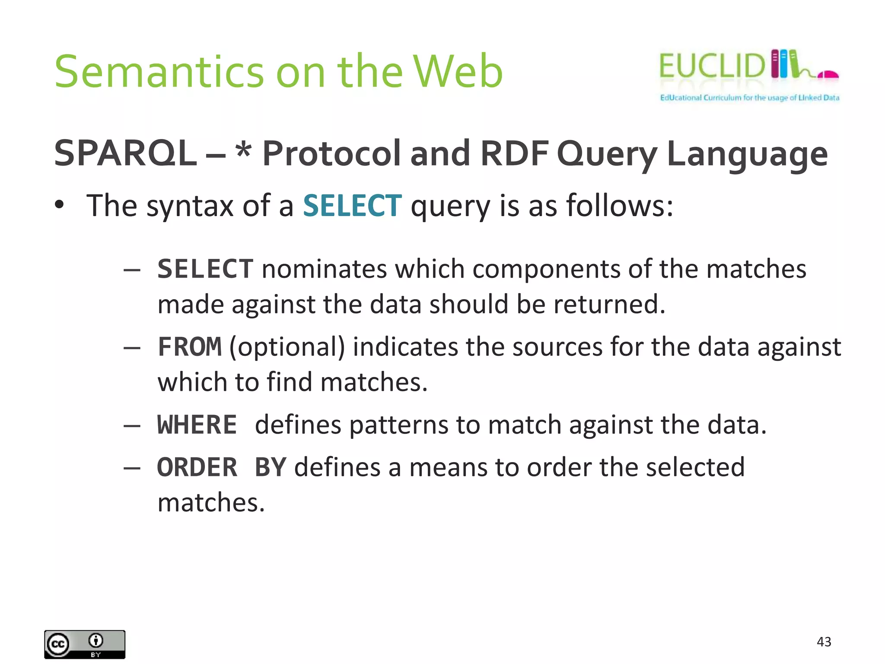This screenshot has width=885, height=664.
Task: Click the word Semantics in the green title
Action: pyautogui.click(x=159, y=72)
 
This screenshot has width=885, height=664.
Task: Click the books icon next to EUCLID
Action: pyautogui.click(x=784, y=64)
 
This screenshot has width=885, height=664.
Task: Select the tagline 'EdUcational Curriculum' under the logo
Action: pyautogui.click(x=749, y=98)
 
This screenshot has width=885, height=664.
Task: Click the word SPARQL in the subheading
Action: pyautogui.click(x=125, y=153)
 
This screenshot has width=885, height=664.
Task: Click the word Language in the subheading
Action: pyautogui.click(x=747, y=154)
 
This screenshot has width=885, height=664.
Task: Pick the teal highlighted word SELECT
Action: pyautogui.click(x=352, y=206)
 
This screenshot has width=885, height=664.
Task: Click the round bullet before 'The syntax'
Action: pyautogui.click(x=60, y=205)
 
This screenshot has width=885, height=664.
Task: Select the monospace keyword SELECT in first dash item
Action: pyautogui.click(x=205, y=269)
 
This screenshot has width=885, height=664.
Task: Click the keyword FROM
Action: pyautogui.click(x=190, y=347)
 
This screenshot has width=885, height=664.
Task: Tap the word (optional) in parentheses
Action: pyautogui.click(x=287, y=347)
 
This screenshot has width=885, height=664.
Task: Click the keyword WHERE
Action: pyautogui.click(x=197, y=425)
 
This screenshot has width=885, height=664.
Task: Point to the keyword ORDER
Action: pyautogui.click(x=197, y=468)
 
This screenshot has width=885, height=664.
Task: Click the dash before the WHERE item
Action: pyautogui.click(x=132, y=426)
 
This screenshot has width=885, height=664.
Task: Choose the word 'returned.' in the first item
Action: pyautogui.click(x=609, y=304)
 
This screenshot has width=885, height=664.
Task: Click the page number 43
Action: pyautogui.click(x=824, y=642)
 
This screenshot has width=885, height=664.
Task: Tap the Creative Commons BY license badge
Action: pyautogui.click(x=85, y=644)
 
